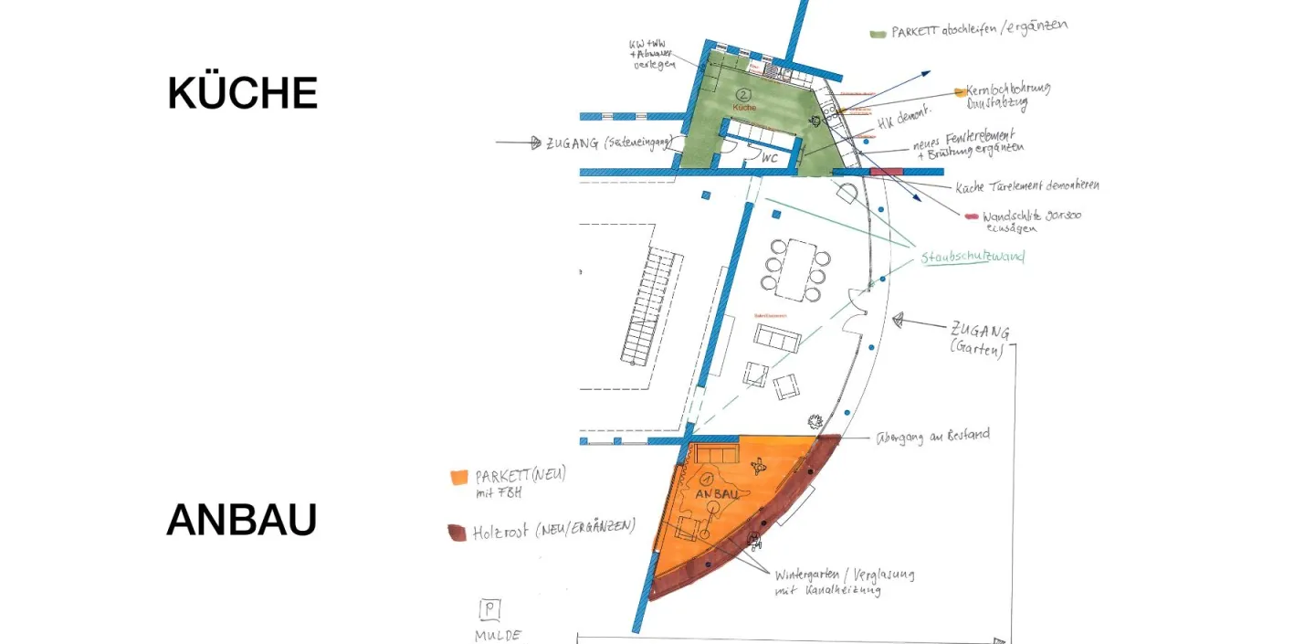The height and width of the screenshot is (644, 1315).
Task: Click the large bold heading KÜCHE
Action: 242,93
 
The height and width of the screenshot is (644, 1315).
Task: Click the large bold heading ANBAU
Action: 241,520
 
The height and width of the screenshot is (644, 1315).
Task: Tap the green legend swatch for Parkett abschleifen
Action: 878,34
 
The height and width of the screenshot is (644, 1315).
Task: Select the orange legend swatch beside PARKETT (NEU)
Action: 458,477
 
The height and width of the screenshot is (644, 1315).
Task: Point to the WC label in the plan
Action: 770,157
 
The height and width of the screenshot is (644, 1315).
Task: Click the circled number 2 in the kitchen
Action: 743,94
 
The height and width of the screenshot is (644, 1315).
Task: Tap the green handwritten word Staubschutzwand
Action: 972,258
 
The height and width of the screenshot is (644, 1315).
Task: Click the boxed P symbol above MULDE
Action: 490,609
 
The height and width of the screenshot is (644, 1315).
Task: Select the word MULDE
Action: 498,635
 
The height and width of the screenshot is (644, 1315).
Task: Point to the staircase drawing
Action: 650,307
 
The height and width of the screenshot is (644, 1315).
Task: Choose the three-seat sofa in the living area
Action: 777,338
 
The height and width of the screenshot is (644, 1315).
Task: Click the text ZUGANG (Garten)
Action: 979,339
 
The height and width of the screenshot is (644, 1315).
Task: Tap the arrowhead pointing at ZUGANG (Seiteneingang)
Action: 535,143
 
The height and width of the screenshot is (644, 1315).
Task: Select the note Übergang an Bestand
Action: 932,436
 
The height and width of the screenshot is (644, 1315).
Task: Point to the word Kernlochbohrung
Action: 1007,90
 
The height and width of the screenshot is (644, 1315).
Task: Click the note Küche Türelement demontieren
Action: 1026,186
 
